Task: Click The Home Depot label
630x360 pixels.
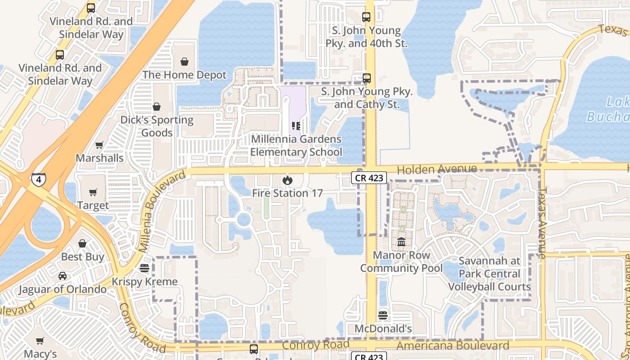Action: (184, 75)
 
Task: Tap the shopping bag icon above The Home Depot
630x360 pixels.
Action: (184, 62)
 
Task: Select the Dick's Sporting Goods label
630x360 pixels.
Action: (157, 126)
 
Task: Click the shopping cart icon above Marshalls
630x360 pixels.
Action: (99, 145)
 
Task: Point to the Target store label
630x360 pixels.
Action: (93, 206)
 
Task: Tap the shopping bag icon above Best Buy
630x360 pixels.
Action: (82, 243)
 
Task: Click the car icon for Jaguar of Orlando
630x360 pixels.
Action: (63, 276)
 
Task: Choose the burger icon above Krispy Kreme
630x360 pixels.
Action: (144, 268)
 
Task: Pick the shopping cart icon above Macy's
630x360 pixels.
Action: (40, 341)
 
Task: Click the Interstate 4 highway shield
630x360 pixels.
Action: (38, 180)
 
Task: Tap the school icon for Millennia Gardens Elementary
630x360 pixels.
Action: (296, 126)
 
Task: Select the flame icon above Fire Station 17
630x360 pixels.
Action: (287, 180)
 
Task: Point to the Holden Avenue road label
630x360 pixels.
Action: (437, 169)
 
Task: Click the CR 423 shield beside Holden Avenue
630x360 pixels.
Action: (369, 178)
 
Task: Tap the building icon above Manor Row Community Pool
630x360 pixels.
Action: (401, 242)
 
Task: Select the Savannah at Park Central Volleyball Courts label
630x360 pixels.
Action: (489, 274)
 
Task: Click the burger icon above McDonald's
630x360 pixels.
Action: (383, 315)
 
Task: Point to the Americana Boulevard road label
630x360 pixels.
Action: (454, 346)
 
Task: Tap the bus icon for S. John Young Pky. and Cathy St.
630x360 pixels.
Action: (367, 78)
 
